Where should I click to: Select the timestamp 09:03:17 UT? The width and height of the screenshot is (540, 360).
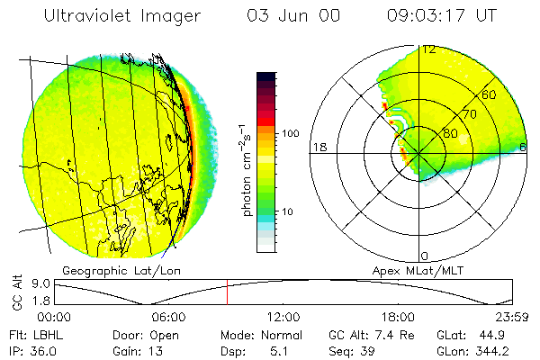click(441, 16)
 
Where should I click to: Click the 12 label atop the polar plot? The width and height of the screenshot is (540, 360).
click(429, 49)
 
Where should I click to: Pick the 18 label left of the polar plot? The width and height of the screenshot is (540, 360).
click(318, 147)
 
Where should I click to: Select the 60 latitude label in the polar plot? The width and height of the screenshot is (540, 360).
click(489, 94)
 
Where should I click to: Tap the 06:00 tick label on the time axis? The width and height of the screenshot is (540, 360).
click(168, 317)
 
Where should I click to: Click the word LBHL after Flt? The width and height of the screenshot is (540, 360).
click(45, 335)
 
